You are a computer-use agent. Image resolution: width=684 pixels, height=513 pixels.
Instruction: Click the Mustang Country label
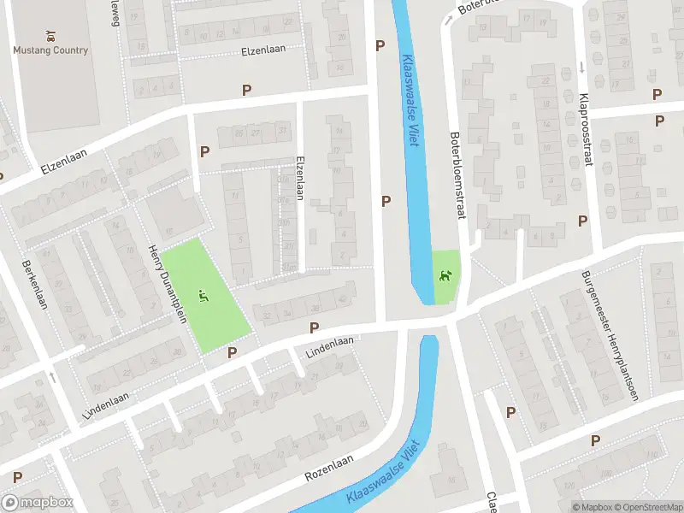[x=50, y=50]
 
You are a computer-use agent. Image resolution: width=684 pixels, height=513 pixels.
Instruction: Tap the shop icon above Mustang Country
[x=50, y=37]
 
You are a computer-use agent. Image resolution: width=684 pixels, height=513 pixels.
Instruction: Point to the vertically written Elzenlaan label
[x=299, y=178]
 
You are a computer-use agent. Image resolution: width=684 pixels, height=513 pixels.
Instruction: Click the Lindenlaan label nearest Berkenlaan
[x=106, y=404]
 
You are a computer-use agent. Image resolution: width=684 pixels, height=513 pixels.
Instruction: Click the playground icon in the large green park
[x=203, y=297]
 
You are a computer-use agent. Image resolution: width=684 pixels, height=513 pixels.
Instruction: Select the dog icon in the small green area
[x=445, y=275]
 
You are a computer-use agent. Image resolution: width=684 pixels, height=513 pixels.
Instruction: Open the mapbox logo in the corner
[x=37, y=503]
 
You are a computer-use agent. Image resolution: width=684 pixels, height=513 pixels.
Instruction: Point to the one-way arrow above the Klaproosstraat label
[x=581, y=67]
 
